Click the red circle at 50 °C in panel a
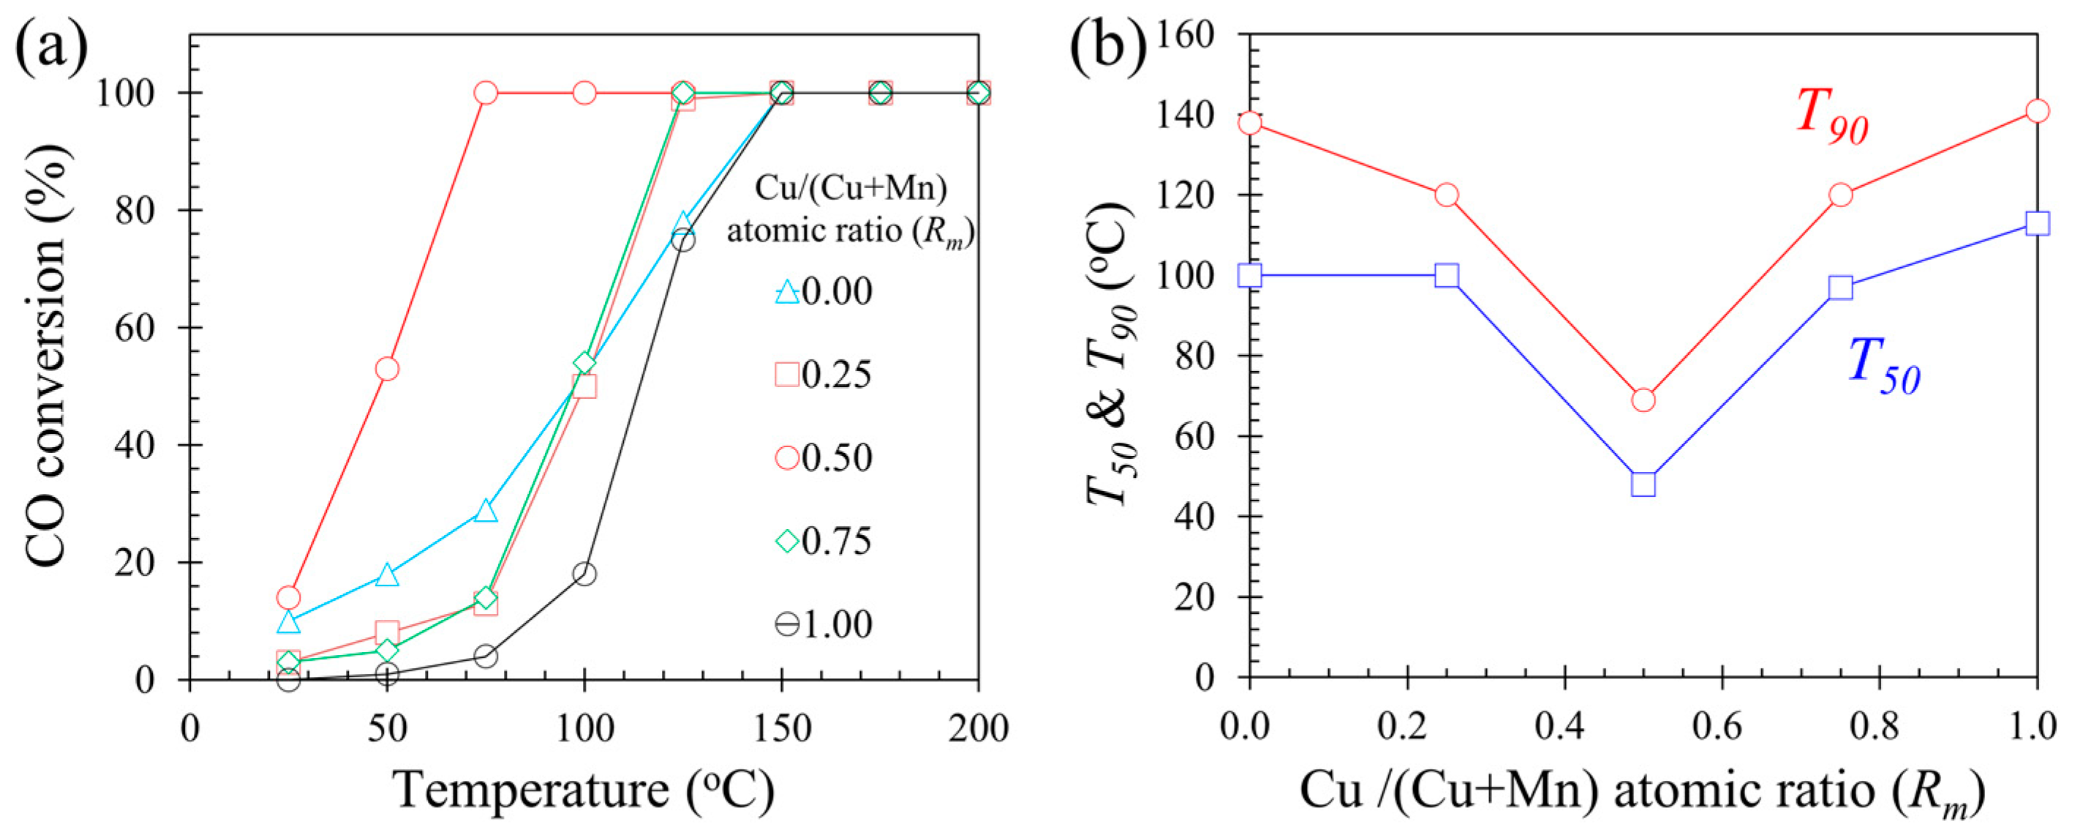click(388, 368)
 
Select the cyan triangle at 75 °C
click(486, 511)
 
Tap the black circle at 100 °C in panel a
click(585, 574)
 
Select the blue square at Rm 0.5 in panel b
click(1643, 484)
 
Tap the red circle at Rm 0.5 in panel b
click(1643, 400)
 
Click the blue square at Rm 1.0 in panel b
click(2037, 223)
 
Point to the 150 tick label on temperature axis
click(781, 729)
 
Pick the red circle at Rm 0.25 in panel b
click(1447, 195)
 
